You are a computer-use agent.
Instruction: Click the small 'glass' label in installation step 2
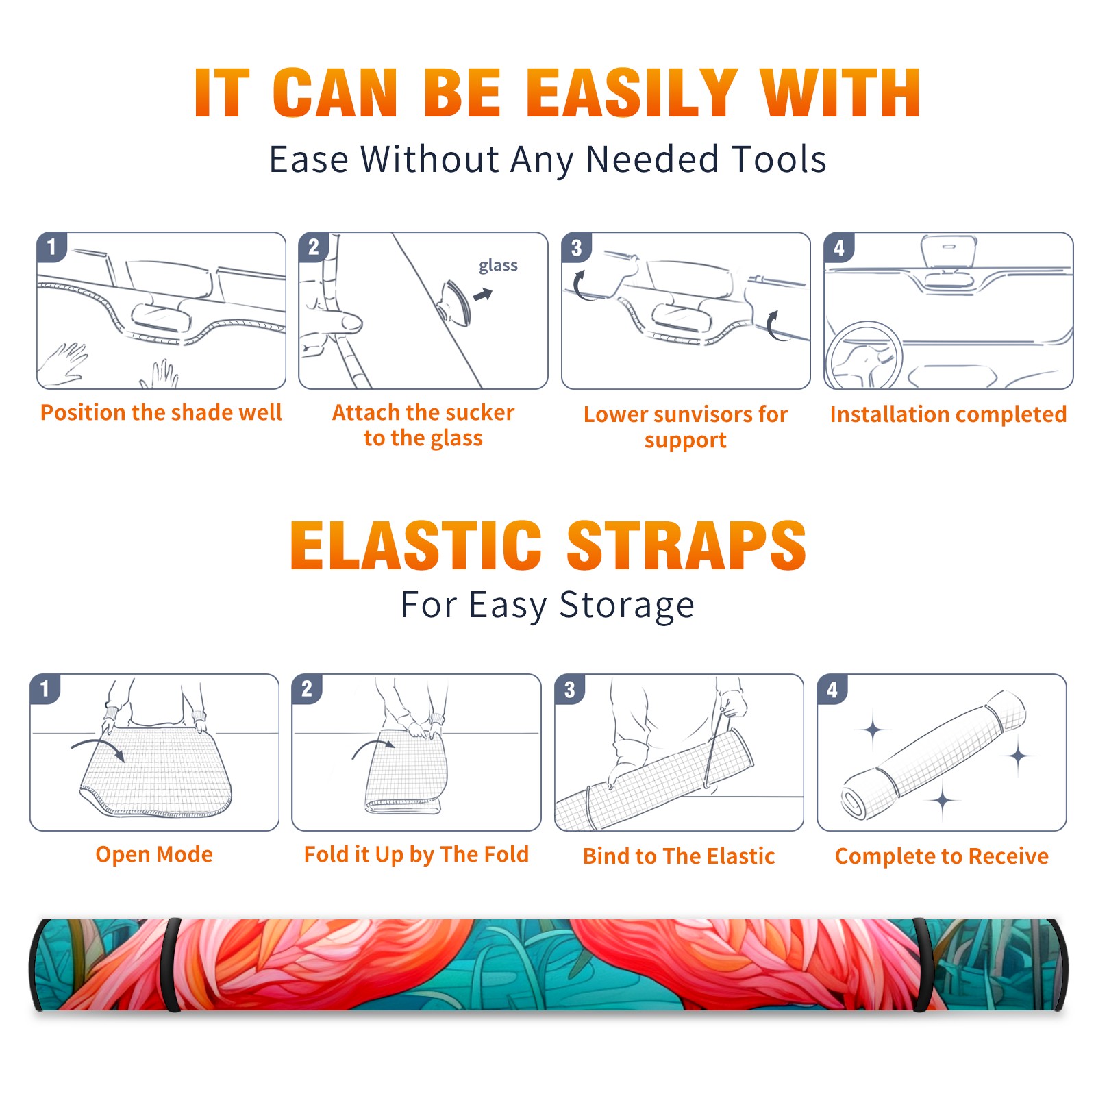pos(498,266)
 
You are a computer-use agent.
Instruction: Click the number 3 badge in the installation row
pos(576,248)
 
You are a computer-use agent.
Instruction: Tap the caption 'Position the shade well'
pos(161,412)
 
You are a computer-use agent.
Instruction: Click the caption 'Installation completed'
pos(948,414)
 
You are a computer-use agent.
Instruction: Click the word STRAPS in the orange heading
pos(686,545)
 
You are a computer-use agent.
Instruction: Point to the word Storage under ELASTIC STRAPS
pos(627,606)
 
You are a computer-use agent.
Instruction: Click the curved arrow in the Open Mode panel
pos(99,747)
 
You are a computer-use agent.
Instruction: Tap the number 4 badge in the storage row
pos(832,689)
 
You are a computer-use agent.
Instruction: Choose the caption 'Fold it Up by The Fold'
pos(416,855)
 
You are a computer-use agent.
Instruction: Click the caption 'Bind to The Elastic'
pos(679,856)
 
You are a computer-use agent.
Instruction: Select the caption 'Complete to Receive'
pos(942,856)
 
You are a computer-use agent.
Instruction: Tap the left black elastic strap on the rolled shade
pos(171,965)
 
